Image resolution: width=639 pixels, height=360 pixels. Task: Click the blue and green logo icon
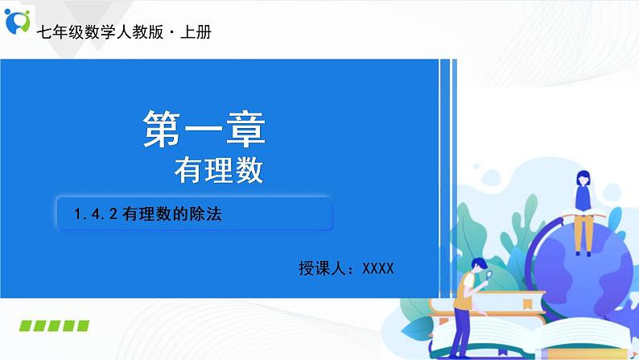[x=17, y=22]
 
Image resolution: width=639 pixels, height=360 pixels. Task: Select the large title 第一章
[x=204, y=129]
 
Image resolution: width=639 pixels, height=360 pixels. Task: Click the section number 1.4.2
[x=96, y=214]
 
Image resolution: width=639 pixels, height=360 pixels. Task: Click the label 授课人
[x=320, y=268]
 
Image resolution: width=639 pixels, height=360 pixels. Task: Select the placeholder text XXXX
[x=378, y=268]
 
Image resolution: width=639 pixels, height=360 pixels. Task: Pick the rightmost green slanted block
[x=81, y=325]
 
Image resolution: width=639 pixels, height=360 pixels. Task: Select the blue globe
[x=587, y=274]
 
